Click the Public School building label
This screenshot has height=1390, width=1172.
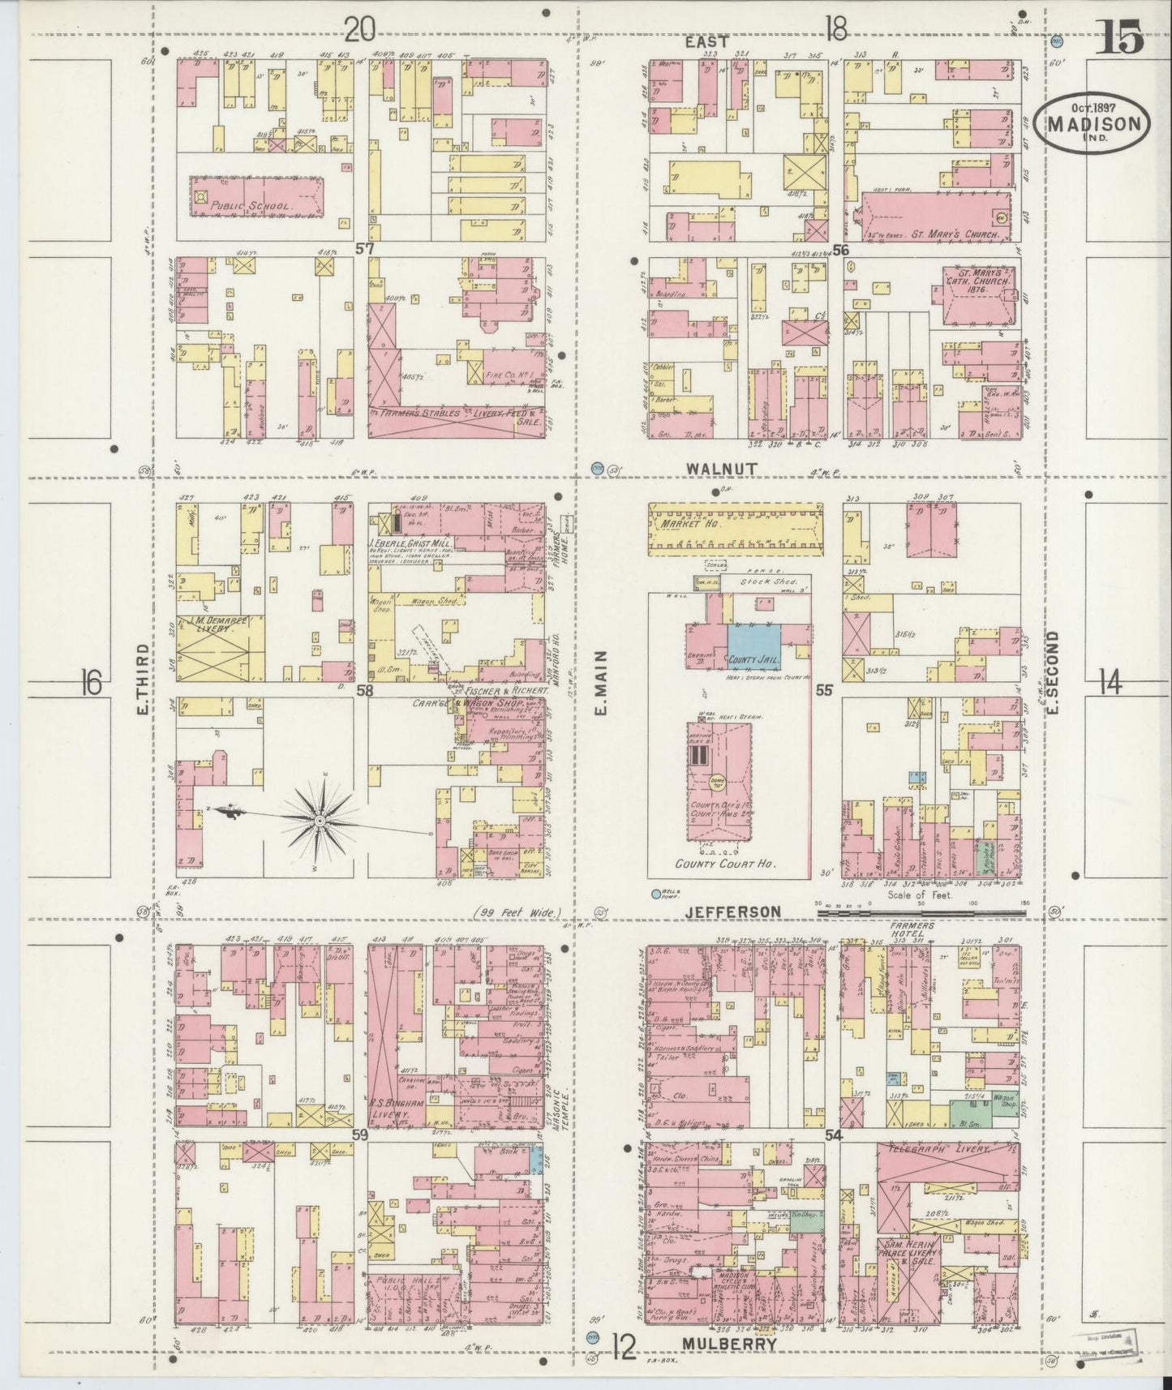tap(250, 207)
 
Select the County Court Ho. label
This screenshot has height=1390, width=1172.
tap(715, 864)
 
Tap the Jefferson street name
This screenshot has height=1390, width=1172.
tap(732, 912)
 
